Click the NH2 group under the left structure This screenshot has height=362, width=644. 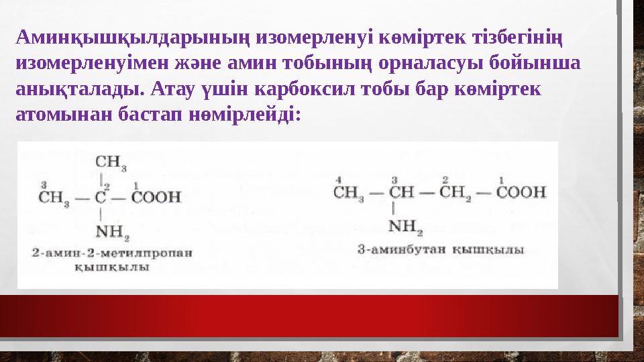pyautogui.click(x=112, y=233)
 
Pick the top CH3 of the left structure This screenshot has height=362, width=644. pyautogui.click(x=111, y=162)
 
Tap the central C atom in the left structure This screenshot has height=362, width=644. pyautogui.click(x=101, y=198)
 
